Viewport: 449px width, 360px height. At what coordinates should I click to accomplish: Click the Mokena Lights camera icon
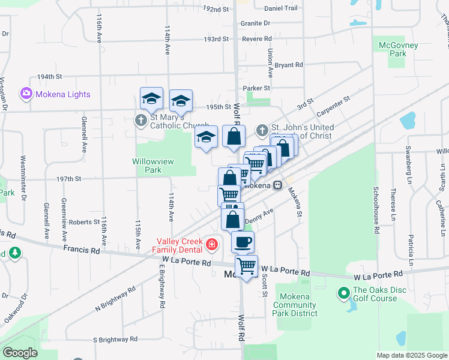[x=26, y=94]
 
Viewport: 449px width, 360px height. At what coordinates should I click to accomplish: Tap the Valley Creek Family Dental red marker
[x=211, y=244]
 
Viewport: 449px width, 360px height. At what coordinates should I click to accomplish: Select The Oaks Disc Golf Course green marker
[x=343, y=293]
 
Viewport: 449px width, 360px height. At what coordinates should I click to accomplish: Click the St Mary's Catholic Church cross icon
[x=140, y=120]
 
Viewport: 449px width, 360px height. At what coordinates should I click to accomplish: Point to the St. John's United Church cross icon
[x=262, y=130]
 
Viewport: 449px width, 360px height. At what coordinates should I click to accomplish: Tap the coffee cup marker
[x=243, y=242]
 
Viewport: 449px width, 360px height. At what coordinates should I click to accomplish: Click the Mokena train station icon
[x=278, y=185]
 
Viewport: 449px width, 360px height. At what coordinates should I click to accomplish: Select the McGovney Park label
[x=393, y=49]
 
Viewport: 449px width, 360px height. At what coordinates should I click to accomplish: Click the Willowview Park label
[x=147, y=166]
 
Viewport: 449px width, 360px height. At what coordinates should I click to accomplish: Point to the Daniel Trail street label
[x=281, y=8]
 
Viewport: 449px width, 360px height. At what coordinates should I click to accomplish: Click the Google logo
[x=20, y=353]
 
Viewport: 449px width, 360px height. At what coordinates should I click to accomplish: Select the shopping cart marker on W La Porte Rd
[x=246, y=266]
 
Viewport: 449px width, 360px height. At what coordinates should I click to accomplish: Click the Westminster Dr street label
[x=23, y=178]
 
